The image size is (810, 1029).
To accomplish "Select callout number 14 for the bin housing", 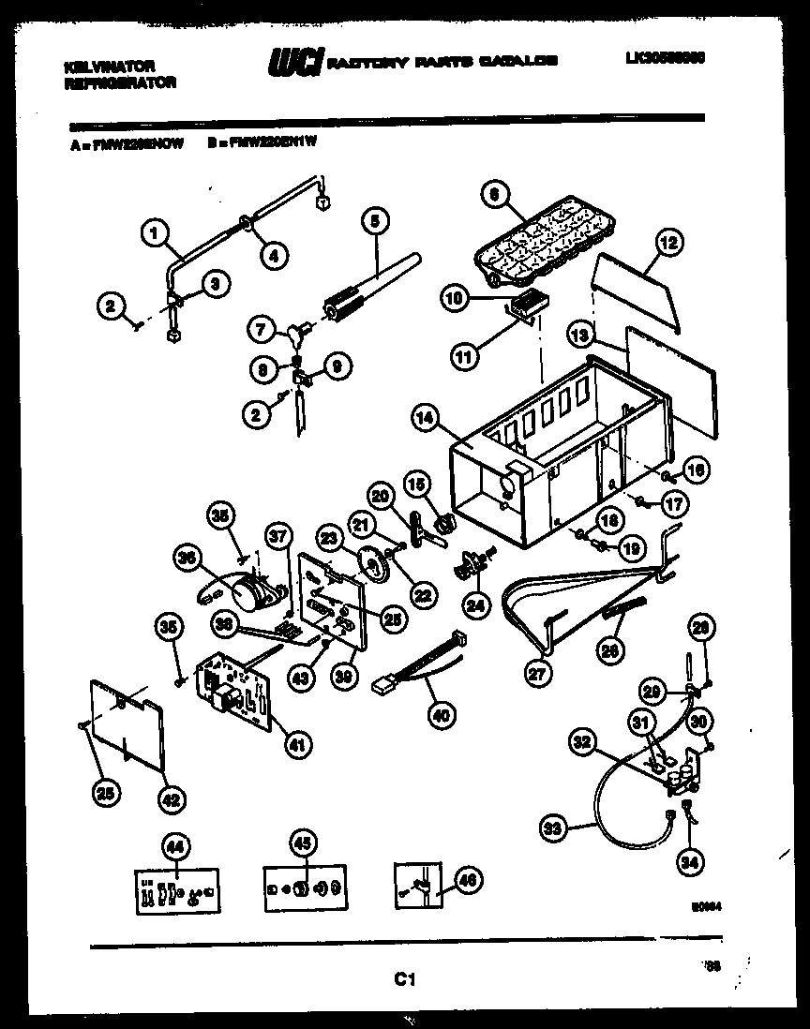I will tap(427, 420).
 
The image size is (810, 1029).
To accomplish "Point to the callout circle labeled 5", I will tap(374, 223).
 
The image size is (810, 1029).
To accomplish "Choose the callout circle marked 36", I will tap(188, 559).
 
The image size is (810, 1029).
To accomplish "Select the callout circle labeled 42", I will tap(170, 798).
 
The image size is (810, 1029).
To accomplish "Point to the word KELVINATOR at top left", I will tap(109, 67).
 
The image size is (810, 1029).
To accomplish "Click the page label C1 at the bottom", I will tap(404, 980).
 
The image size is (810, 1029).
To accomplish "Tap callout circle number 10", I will tap(454, 299).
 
